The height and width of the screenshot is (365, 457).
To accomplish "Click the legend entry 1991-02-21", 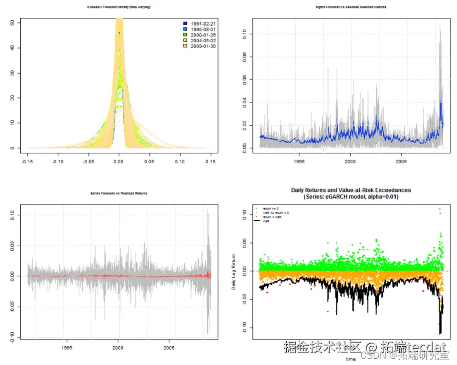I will tap(202, 25).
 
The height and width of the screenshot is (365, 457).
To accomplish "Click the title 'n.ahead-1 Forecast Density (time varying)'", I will tap(119, 7).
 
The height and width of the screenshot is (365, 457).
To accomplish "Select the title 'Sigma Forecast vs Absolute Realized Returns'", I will tap(351, 7).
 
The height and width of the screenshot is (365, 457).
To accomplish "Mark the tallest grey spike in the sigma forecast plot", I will tap(440, 23).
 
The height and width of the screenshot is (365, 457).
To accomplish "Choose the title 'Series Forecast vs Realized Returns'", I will tap(119, 193).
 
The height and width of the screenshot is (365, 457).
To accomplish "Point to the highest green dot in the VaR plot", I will tap(439, 210).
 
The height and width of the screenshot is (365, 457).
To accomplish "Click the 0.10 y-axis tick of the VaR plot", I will tap(244, 213).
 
